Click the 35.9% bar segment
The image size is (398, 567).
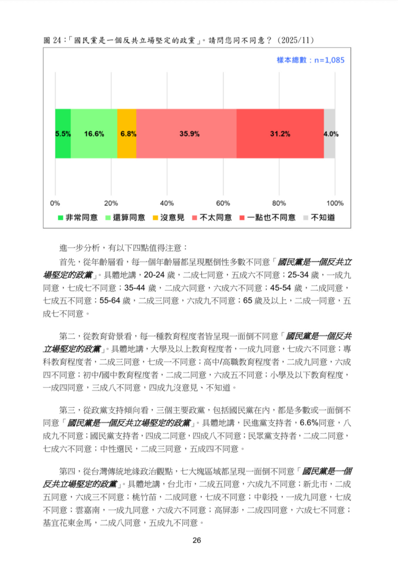pos(186,133)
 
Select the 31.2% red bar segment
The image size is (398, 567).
pos(280,133)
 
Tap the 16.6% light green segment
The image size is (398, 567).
pos(94,133)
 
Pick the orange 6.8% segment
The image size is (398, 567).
pos(127,133)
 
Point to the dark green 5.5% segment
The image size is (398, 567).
pos(63,133)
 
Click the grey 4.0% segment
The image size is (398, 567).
pos(330,133)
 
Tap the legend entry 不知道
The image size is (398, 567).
pos(322,218)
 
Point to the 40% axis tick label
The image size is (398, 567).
pos(167,203)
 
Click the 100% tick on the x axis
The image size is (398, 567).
pos(335,203)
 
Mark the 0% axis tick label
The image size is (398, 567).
pos(55,203)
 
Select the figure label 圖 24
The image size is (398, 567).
pos(53,40)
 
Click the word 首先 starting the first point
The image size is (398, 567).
pos(67,261)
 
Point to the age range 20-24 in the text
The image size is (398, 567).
pos(155,275)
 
